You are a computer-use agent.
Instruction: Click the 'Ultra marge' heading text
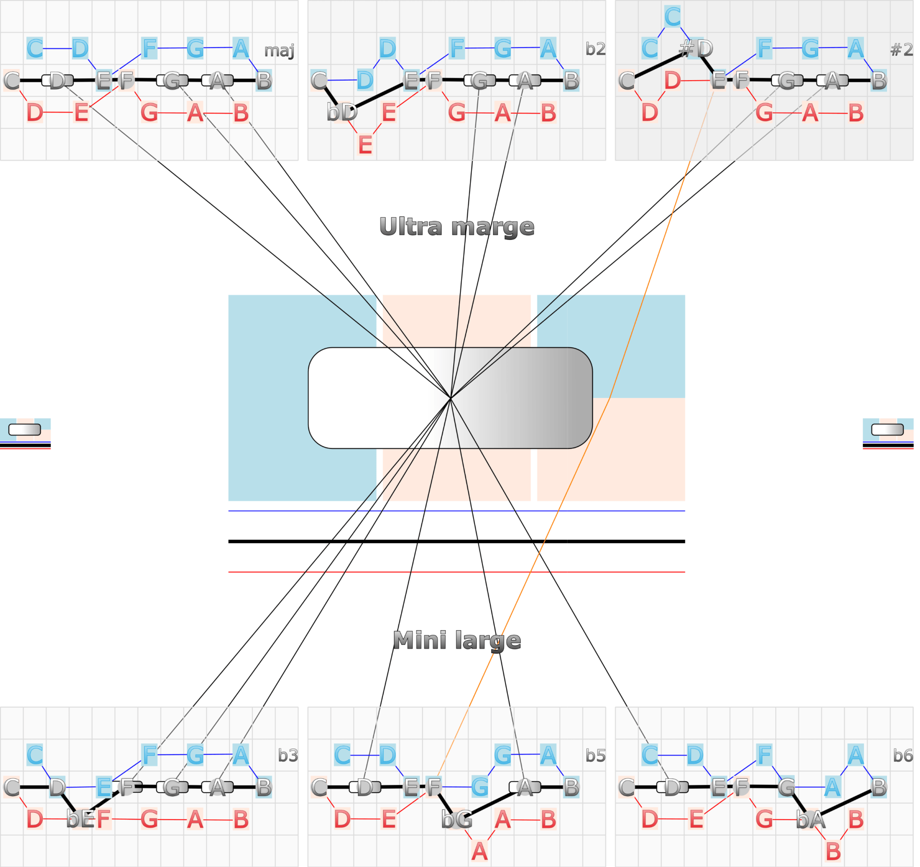[457, 227]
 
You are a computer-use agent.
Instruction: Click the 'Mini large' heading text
[457, 641]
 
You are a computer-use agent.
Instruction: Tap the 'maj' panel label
[279, 50]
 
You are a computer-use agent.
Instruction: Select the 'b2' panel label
[596, 49]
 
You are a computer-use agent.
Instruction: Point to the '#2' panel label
[901, 49]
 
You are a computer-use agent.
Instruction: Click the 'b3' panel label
[288, 756]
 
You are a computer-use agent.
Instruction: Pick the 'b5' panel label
[596, 756]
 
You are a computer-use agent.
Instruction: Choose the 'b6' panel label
[903, 756]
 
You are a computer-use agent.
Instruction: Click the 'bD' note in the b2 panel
[342, 113]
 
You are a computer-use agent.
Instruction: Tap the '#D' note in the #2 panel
[696, 48]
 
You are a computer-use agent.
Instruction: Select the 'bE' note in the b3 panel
[80, 819]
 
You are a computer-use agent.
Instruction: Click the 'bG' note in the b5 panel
[457, 820]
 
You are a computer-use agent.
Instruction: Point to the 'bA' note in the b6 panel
[811, 820]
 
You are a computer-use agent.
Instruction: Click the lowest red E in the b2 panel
[365, 145]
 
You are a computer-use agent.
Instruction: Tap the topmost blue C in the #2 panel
[672, 17]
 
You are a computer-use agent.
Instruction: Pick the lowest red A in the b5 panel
[480, 852]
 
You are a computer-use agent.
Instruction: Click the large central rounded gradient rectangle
[450, 398]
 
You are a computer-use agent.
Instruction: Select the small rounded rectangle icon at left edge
[25, 430]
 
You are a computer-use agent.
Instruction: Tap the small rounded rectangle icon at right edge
[887, 430]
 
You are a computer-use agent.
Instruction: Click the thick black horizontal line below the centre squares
[457, 541]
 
